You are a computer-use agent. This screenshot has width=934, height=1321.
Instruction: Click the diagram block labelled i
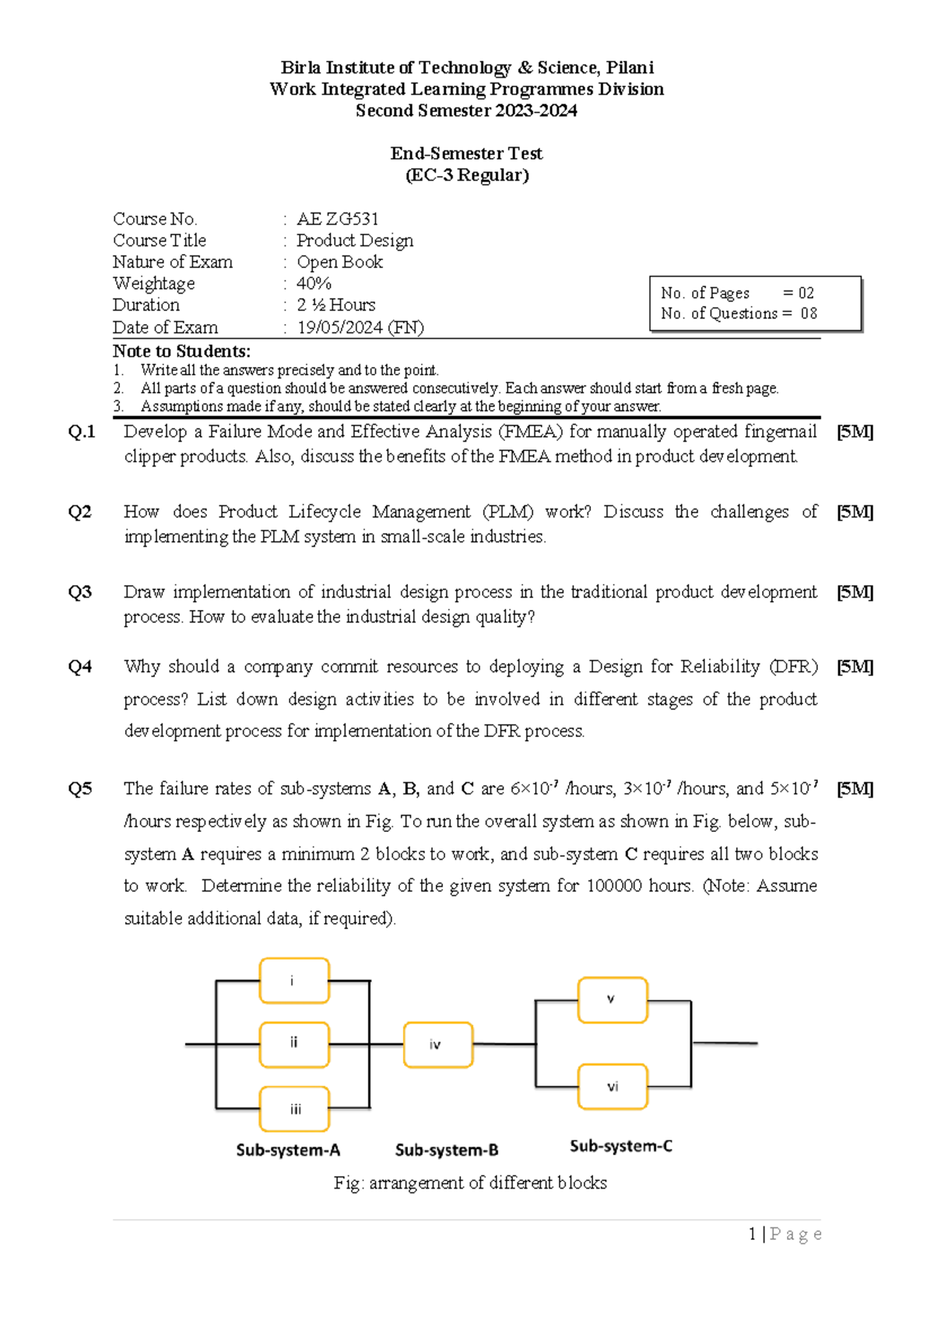pyautogui.click(x=294, y=981)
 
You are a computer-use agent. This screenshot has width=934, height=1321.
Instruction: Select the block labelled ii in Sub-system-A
pyautogui.click(x=294, y=1044)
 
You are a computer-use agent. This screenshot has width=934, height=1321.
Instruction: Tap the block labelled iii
pyautogui.click(x=294, y=1108)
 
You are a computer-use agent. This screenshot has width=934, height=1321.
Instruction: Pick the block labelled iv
pyautogui.click(x=438, y=1044)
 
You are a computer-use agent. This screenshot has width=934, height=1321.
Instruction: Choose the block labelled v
pyautogui.click(x=613, y=999)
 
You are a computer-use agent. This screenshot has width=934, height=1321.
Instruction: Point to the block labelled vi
pyautogui.click(x=613, y=1087)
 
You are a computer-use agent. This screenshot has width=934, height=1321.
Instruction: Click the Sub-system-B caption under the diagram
pyautogui.click(x=447, y=1150)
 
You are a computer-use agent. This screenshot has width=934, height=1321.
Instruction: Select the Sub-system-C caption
pyautogui.click(x=621, y=1146)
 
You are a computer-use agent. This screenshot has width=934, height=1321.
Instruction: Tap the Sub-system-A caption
pyautogui.click(x=288, y=1150)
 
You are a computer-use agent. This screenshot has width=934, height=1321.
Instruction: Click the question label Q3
pyautogui.click(x=79, y=592)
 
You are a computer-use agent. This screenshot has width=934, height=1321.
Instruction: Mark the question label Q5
pyautogui.click(x=79, y=789)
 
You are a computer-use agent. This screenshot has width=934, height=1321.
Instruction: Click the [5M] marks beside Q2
pyautogui.click(x=855, y=512)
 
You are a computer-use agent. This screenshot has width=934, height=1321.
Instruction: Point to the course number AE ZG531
pyautogui.click(x=338, y=219)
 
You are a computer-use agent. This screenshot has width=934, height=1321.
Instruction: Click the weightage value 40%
pyautogui.click(x=314, y=284)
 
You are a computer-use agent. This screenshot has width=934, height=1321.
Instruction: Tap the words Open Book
pyautogui.click(x=340, y=262)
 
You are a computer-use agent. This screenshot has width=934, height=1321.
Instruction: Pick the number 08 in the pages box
pyautogui.click(x=809, y=313)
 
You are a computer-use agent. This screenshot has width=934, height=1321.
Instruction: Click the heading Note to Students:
pyautogui.click(x=181, y=351)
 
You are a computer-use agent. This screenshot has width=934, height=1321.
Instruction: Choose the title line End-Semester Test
pyautogui.click(x=466, y=153)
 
